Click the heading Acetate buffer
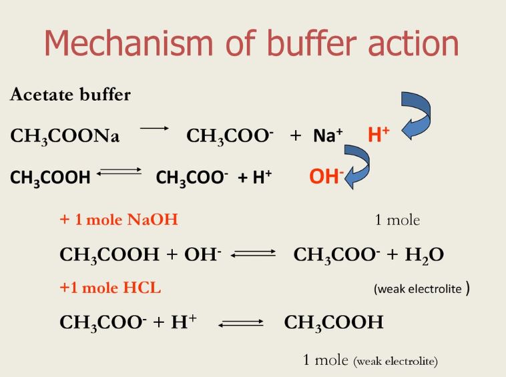tap(70, 95)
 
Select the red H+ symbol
tap(378, 135)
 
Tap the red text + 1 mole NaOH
tap(119, 220)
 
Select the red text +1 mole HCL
tap(110, 288)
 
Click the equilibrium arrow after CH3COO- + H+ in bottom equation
tap(241, 324)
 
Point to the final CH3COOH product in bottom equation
tap(334, 323)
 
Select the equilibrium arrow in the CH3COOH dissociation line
tap(120, 174)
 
